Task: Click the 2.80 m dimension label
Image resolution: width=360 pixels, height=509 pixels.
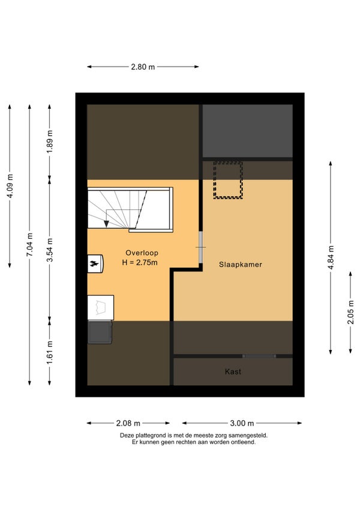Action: pos(143,67)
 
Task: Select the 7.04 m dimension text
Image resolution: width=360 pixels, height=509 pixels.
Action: pos(29,245)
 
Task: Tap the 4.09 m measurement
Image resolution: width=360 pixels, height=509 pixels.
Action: pos(10,186)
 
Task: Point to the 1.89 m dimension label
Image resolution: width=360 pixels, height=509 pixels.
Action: pos(49,142)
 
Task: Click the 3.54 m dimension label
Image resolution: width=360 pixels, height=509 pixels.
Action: pos(49,250)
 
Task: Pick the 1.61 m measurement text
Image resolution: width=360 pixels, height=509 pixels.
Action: pos(49,352)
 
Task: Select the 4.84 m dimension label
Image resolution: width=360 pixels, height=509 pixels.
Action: pos(331,258)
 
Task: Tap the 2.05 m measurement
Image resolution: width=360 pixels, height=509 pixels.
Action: pos(350,312)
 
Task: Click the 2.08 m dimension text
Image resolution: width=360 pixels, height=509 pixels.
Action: pos(128,423)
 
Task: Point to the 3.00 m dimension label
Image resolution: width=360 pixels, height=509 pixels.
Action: pos(242,423)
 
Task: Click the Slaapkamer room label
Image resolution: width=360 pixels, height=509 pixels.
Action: pos(240,265)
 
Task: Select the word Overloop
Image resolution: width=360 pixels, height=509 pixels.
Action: pos(142,253)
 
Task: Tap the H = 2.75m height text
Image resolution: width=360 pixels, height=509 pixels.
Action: pos(140,263)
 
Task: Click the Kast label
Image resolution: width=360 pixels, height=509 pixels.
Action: pos(233,372)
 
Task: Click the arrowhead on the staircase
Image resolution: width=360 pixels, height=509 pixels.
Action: pos(106,224)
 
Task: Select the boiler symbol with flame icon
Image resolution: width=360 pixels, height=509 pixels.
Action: pos(95,264)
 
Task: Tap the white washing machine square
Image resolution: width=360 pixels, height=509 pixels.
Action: pos(101,307)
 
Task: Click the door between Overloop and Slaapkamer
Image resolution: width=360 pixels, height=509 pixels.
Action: pos(201,247)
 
